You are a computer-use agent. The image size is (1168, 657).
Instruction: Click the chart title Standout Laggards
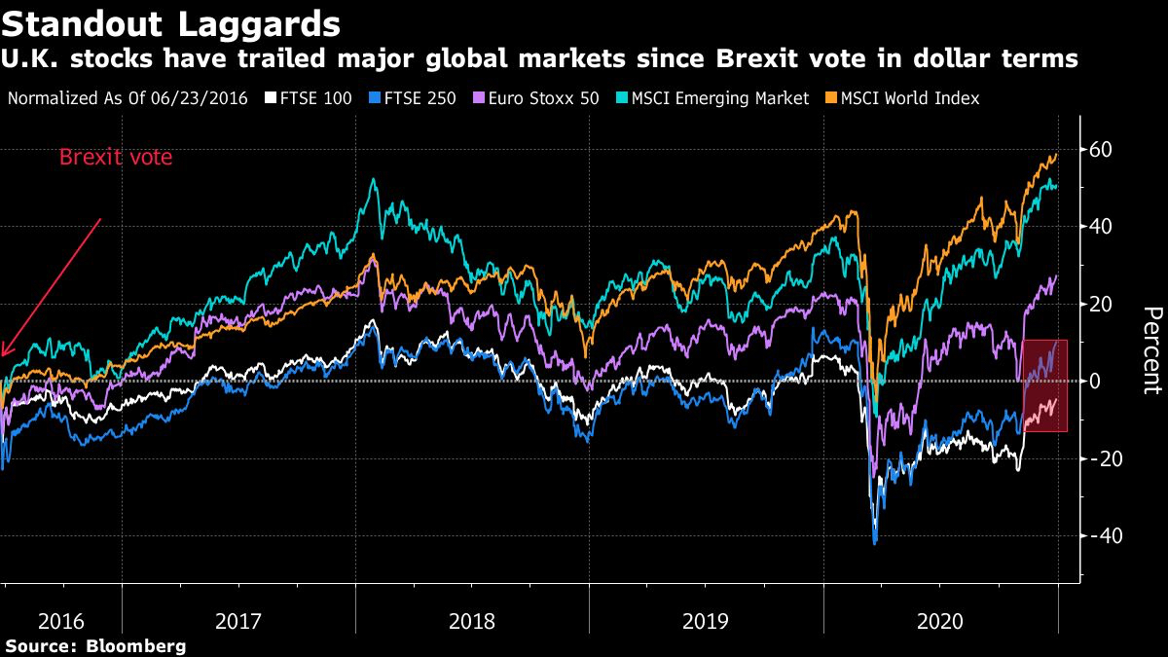170,21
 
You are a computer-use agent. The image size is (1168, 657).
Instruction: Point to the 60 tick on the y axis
1100,150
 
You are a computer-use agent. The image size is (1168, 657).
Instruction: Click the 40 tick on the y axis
1100,227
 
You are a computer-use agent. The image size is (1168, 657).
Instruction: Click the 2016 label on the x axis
62,620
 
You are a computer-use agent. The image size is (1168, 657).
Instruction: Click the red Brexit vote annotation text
116,157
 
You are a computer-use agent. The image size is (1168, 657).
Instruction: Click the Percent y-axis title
1151,350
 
